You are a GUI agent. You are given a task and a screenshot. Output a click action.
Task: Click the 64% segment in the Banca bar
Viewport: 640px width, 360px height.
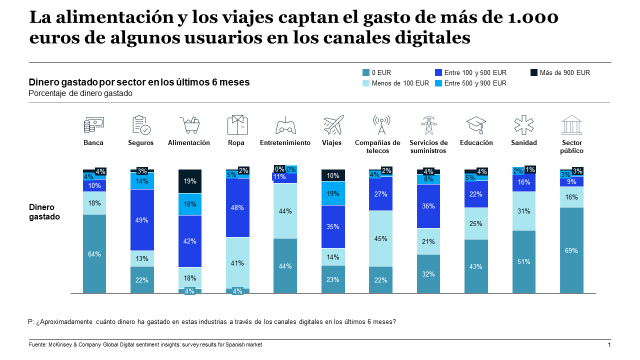pyautogui.click(x=94, y=253)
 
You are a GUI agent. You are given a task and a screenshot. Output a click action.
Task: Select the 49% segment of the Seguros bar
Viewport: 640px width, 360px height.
pyautogui.click(x=142, y=220)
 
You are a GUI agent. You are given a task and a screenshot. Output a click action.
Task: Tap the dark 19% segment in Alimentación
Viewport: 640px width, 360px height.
pyautogui.click(x=190, y=181)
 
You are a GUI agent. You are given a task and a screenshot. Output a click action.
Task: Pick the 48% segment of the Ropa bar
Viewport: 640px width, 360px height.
pyautogui.click(x=237, y=207)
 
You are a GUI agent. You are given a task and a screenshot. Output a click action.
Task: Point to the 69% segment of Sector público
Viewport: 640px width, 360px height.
pyautogui.click(x=571, y=250)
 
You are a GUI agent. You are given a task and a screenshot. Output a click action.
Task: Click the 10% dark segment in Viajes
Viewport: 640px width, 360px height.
pyautogui.click(x=333, y=175)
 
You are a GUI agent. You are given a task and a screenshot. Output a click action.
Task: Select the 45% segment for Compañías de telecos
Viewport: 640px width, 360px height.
pyautogui.click(x=380, y=238)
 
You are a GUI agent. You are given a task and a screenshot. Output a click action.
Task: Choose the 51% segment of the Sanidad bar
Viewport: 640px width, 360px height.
pyautogui.click(x=524, y=261)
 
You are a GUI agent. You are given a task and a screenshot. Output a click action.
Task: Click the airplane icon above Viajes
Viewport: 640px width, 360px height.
pyautogui.click(x=333, y=125)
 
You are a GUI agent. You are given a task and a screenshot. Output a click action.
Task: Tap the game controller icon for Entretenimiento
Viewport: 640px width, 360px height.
pyautogui.click(x=285, y=126)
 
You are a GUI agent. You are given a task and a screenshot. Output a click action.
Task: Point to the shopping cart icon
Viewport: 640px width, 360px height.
pyautogui.click(x=189, y=125)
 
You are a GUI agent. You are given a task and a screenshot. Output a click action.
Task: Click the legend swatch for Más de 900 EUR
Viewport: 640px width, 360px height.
pyautogui.click(x=534, y=72)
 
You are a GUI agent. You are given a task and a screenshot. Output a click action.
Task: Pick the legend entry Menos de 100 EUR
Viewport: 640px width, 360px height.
pyautogui.click(x=400, y=83)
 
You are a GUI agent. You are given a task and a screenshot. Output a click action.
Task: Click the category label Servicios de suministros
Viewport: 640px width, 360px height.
pyautogui.click(x=428, y=146)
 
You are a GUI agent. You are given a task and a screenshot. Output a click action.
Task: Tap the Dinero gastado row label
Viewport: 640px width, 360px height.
pyautogui.click(x=44, y=212)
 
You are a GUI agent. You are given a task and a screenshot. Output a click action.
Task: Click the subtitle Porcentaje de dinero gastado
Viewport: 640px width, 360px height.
pyautogui.click(x=80, y=93)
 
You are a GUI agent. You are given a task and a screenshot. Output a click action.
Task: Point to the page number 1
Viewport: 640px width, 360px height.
pyautogui.click(x=609, y=345)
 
